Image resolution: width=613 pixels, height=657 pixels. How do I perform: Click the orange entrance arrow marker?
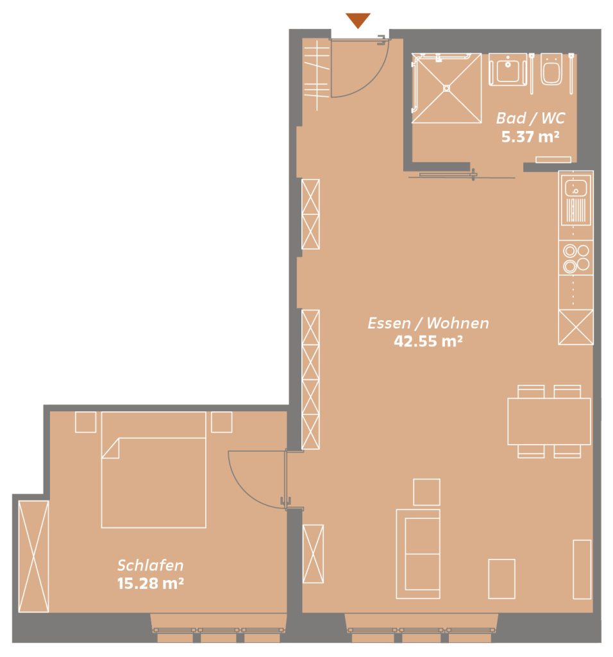click(x=358, y=20)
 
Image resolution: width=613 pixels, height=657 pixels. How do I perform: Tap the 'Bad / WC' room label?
click(x=530, y=118)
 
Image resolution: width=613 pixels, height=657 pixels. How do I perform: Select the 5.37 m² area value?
click(x=530, y=137)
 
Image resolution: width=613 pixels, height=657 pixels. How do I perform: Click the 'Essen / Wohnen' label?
click(x=428, y=323)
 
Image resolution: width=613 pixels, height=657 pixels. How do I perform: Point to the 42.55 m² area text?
click(x=428, y=341)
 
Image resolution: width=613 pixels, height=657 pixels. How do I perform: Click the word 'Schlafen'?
click(x=150, y=565)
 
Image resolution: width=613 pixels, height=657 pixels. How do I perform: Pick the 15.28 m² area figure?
click(x=150, y=583)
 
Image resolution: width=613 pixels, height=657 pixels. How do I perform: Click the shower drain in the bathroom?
click(x=446, y=88)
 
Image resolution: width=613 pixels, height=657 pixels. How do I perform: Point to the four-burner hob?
click(x=576, y=258)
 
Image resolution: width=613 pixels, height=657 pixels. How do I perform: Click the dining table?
click(x=549, y=421)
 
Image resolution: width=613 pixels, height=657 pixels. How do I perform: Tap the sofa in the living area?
click(x=418, y=554)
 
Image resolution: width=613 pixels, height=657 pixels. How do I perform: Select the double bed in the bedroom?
click(x=154, y=470)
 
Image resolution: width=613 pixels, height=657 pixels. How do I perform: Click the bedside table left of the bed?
click(x=85, y=422)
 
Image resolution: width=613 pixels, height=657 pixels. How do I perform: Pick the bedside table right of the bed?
click(x=221, y=422)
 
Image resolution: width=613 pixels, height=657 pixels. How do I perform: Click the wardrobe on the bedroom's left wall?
click(x=33, y=556)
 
